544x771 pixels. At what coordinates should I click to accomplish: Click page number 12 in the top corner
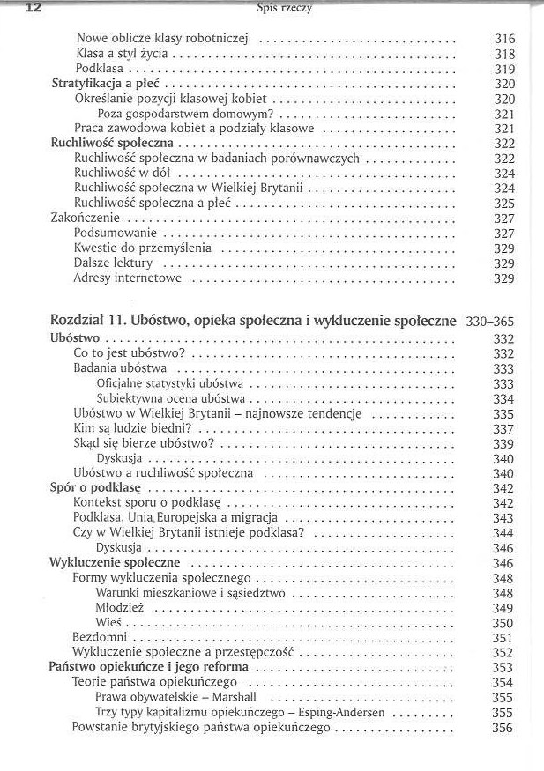pyautogui.click(x=13, y=8)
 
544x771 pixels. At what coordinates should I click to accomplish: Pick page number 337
pyautogui.click(x=503, y=429)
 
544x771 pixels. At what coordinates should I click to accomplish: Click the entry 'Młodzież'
pyautogui.click(x=119, y=608)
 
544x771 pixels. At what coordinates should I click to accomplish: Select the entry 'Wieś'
pyautogui.click(x=108, y=623)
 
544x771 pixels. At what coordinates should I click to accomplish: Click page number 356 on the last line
pyautogui.click(x=503, y=728)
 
